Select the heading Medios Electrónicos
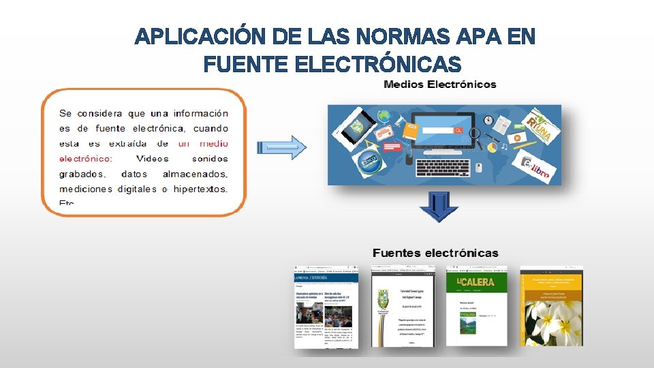point(440,85)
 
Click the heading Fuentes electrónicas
point(435,253)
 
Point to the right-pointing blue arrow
point(281,147)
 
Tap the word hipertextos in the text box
point(200,189)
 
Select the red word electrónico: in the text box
point(86,159)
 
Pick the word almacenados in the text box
point(195,174)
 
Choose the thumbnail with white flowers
point(551,306)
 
